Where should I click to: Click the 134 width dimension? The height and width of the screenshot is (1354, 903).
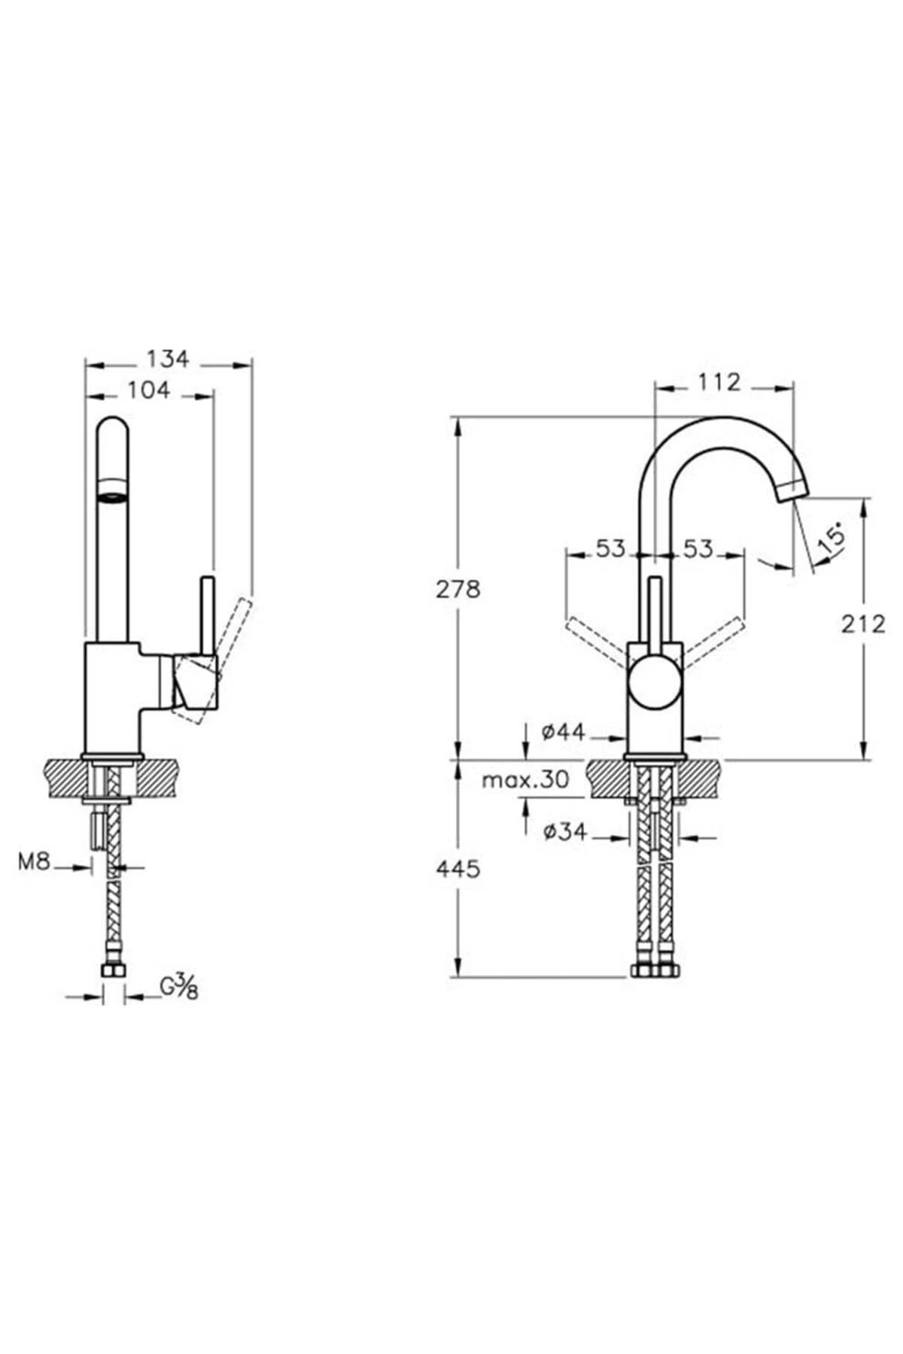click(167, 360)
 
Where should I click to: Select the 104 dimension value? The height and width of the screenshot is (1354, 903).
click(149, 390)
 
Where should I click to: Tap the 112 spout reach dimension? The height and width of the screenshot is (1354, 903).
click(719, 382)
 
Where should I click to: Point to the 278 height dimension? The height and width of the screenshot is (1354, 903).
click(458, 589)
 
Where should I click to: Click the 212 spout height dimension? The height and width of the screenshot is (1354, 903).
click(864, 624)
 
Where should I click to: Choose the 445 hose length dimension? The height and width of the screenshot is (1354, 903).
click(458, 869)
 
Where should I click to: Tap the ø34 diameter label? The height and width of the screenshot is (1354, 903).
click(564, 832)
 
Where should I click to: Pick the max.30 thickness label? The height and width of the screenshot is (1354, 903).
click(525, 780)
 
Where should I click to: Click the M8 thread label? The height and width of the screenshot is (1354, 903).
click(35, 862)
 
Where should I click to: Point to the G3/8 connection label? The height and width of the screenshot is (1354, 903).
click(179, 986)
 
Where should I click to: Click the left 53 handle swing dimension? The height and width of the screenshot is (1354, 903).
click(611, 548)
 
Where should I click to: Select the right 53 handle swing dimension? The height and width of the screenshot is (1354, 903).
click(698, 548)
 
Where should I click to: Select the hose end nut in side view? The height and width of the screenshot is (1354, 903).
click(114, 971)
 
